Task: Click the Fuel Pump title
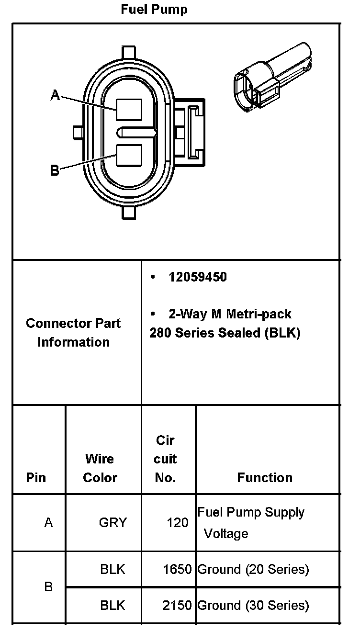click(x=154, y=10)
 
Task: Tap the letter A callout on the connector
click(x=56, y=96)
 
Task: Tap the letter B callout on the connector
click(x=55, y=170)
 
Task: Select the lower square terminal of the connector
click(x=129, y=156)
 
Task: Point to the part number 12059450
click(x=197, y=277)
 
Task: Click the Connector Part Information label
click(x=73, y=332)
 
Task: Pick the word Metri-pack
click(x=259, y=314)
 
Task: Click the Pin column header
click(x=36, y=478)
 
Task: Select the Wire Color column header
click(x=100, y=468)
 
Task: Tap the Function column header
click(x=265, y=478)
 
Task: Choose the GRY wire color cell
click(x=113, y=522)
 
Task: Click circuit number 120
click(x=178, y=522)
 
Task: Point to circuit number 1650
click(x=177, y=569)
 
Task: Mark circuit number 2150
click(x=177, y=605)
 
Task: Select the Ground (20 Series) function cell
click(x=253, y=569)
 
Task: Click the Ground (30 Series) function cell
click(x=253, y=605)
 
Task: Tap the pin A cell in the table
click(x=48, y=522)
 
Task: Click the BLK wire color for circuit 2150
click(x=112, y=605)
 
